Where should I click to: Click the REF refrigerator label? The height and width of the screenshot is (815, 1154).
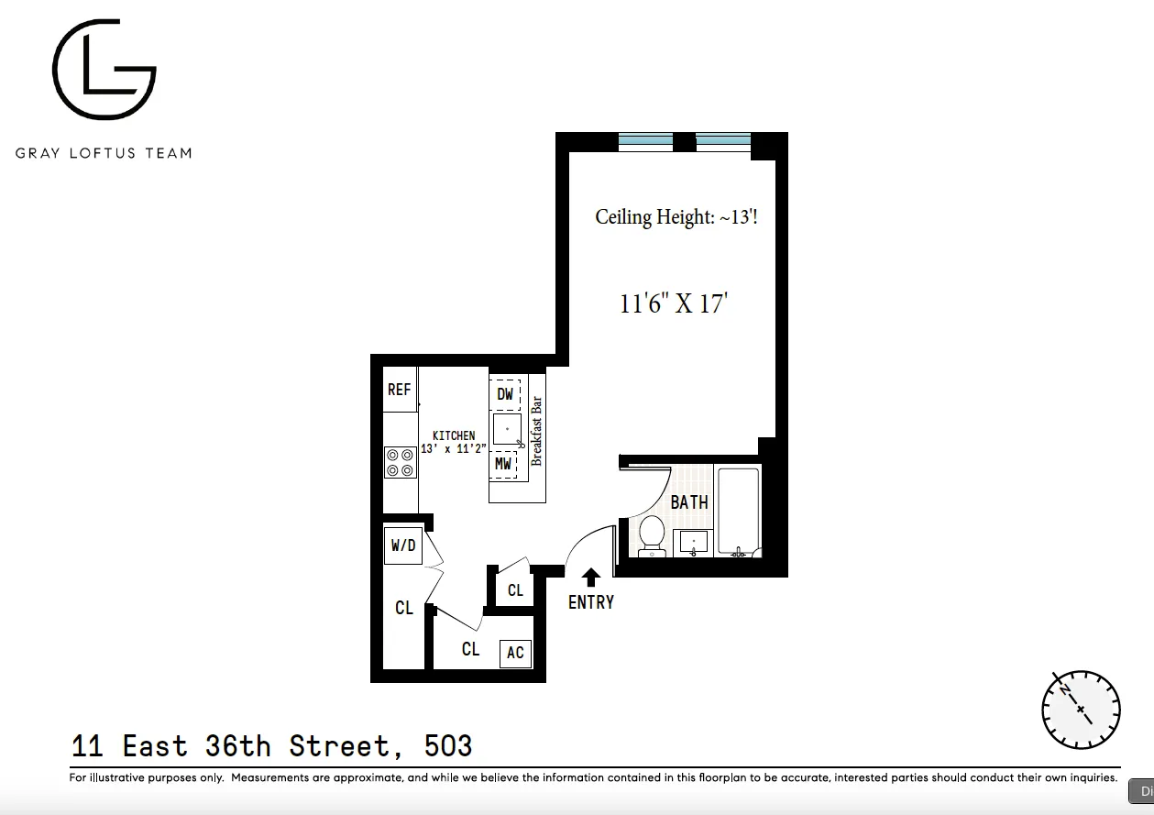[x=399, y=390]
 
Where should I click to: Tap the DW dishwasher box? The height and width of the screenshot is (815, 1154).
[x=504, y=394]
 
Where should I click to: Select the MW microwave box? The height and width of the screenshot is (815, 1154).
[x=503, y=464]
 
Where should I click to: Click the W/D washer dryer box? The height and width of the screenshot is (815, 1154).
[x=403, y=545]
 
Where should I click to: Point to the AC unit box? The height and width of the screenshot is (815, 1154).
[x=515, y=652]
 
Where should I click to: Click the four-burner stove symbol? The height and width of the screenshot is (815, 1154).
[x=399, y=461]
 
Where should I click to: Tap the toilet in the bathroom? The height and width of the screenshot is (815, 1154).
[x=652, y=535]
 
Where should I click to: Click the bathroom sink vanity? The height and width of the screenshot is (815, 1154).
[x=694, y=543]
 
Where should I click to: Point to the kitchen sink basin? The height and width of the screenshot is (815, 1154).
[x=507, y=429]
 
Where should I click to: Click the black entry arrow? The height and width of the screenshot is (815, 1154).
[x=591, y=577]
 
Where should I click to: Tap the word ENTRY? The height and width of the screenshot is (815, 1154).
[x=591, y=602]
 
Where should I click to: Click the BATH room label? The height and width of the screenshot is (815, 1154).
[x=689, y=501]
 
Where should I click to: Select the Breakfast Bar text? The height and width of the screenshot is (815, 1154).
[x=537, y=431]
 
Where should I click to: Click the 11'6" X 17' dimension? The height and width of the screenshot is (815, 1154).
[x=673, y=303]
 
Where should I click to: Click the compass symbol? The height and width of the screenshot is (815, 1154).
[x=1081, y=709]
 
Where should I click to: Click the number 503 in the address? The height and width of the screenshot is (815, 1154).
[x=448, y=746]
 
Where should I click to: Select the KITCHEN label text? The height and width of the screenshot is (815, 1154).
[x=454, y=435]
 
